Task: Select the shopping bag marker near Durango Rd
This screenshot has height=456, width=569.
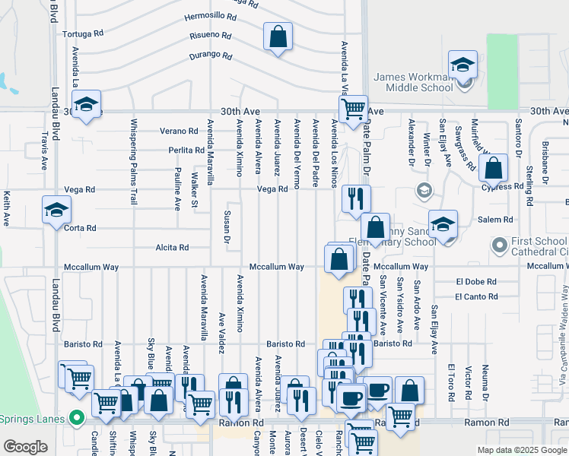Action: point(278,36)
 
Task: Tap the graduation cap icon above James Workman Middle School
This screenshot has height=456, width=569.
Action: point(462,65)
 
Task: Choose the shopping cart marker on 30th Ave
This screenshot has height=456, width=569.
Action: point(353,109)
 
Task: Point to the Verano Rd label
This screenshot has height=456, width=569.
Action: point(180,131)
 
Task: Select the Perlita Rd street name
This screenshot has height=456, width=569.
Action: point(186,150)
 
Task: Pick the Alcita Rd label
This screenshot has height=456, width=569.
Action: point(172,248)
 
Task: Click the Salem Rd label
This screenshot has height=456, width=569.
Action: point(495,220)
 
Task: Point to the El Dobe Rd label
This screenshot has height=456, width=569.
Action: point(476,281)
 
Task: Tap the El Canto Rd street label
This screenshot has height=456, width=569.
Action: point(477,297)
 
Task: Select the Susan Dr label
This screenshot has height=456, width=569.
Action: point(227,227)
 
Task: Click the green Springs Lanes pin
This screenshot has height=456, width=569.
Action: point(76,417)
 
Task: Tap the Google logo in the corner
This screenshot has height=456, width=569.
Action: point(25,447)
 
